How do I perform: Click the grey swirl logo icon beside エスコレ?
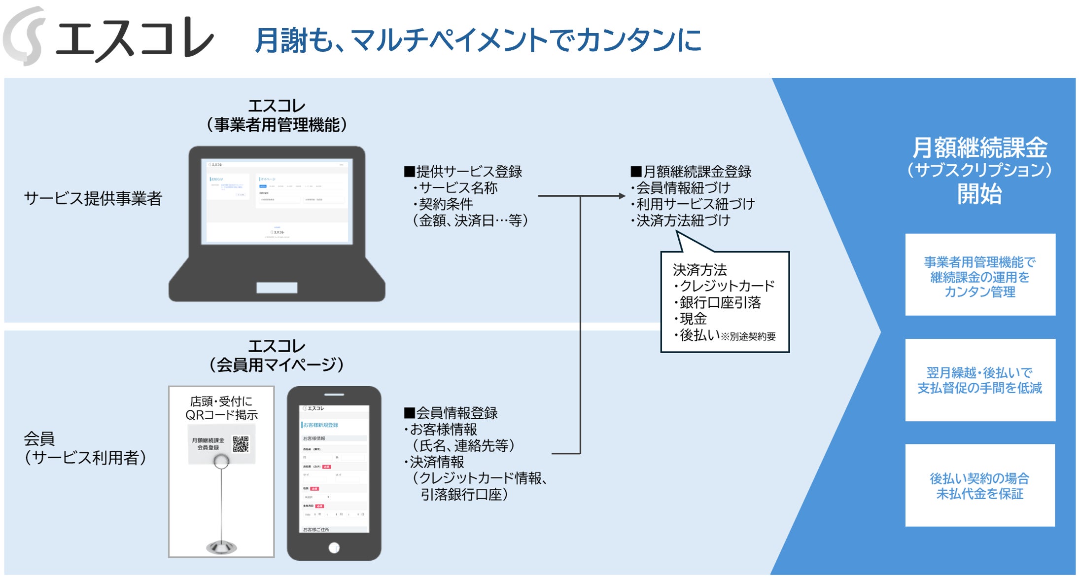[25, 36]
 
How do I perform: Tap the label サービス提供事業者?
[93, 198]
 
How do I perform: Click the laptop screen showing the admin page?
[277, 201]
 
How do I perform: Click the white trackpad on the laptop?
[277, 288]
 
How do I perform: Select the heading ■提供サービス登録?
[463, 172]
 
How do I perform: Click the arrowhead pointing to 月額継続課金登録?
[622, 196]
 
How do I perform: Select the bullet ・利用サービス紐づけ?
[692, 204]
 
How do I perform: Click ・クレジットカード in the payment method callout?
[723, 286]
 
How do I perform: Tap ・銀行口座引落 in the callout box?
[717, 302]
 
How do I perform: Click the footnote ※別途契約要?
[748, 337]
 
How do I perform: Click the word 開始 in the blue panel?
[979, 194]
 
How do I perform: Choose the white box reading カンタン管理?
[980, 275]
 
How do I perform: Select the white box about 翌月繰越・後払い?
[980, 380]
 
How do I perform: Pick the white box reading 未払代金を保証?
[980, 485]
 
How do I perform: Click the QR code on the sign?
[241, 444]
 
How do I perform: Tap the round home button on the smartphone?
[334, 547]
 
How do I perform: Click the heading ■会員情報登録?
[451, 413]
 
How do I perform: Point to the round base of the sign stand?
[221, 547]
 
